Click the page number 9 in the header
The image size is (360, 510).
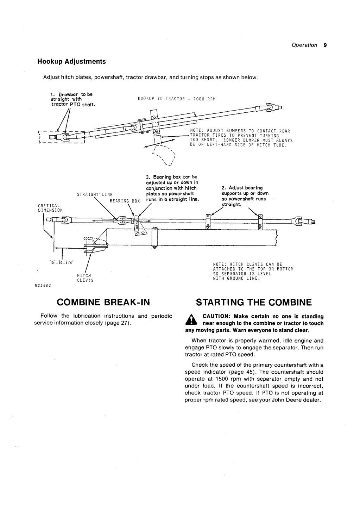325,45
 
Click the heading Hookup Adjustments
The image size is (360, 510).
71,61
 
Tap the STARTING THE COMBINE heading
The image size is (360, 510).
254,302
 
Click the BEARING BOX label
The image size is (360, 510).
125,201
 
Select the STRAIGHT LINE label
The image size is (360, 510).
95,194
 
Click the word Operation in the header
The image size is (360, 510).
304,45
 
